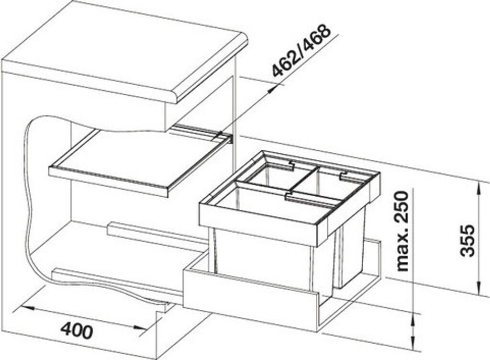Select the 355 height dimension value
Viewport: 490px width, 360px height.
468,240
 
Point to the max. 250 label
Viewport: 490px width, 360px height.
402,232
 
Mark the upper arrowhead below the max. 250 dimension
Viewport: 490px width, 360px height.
413,317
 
